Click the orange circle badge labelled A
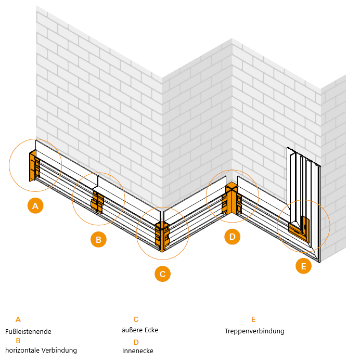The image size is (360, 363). tap(35, 206)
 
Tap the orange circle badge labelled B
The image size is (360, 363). tap(98, 240)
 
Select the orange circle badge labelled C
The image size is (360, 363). tap(162, 274)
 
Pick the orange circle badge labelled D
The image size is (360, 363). tap(233, 237)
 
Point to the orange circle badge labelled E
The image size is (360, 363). tap(303, 267)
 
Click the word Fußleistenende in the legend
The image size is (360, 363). tap(28, 331)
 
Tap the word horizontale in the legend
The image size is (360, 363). tap(23, 351)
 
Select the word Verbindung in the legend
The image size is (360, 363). tap(60, 351)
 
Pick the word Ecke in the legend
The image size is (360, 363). tap(151, 330)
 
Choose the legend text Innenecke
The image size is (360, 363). tap(138, 351)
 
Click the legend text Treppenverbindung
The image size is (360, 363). tap(254, 331)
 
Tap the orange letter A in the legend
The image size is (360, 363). tap(18, 320)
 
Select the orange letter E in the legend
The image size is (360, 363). tap(253, 320)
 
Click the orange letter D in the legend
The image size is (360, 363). tap(136, 342)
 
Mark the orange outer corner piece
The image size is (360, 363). tap(162, 237)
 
